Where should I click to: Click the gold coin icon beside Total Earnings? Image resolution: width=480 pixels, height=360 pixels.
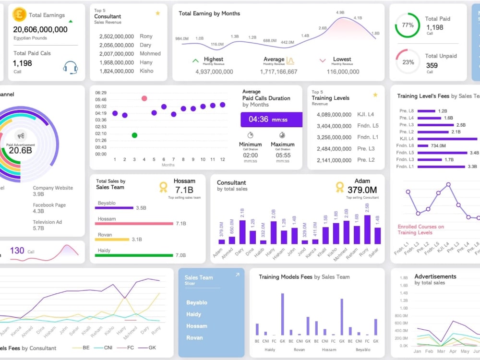(x=19, y=14)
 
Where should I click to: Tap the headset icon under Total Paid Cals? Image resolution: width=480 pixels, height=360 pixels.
(x=70, y=68)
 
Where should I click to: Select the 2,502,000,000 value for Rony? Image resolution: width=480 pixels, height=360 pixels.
(x=116, y=36)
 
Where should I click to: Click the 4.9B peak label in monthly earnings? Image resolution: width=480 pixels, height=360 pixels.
(x=340, y=12)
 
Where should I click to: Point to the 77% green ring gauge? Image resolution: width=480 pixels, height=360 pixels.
(x=407, y=25)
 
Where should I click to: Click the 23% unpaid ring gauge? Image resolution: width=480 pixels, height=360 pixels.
(x=408, y=61)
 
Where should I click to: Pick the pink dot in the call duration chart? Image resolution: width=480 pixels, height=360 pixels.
(x=144, y=98)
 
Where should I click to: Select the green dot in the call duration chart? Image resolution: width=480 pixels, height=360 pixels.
(x=134, y=135)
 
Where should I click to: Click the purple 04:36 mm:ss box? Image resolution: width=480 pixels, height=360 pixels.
(x=271, y=120)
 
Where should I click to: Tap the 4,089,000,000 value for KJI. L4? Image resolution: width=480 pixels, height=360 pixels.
(x=334, y=115)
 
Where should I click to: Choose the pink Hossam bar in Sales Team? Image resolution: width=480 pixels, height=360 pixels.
(x=134, y=224)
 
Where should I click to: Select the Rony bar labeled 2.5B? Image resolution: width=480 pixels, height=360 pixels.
(x=367, y=229)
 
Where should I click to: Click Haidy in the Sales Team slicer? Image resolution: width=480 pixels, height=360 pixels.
(x=194, y=314)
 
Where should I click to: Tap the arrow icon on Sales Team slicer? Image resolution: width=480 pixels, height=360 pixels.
(x=237, y=275)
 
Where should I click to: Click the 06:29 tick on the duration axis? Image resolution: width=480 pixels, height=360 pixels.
(x=101, y=93)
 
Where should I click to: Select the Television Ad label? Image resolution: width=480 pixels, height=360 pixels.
(x=47, y=222)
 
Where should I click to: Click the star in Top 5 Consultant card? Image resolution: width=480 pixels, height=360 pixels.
(x=157, y=13)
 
